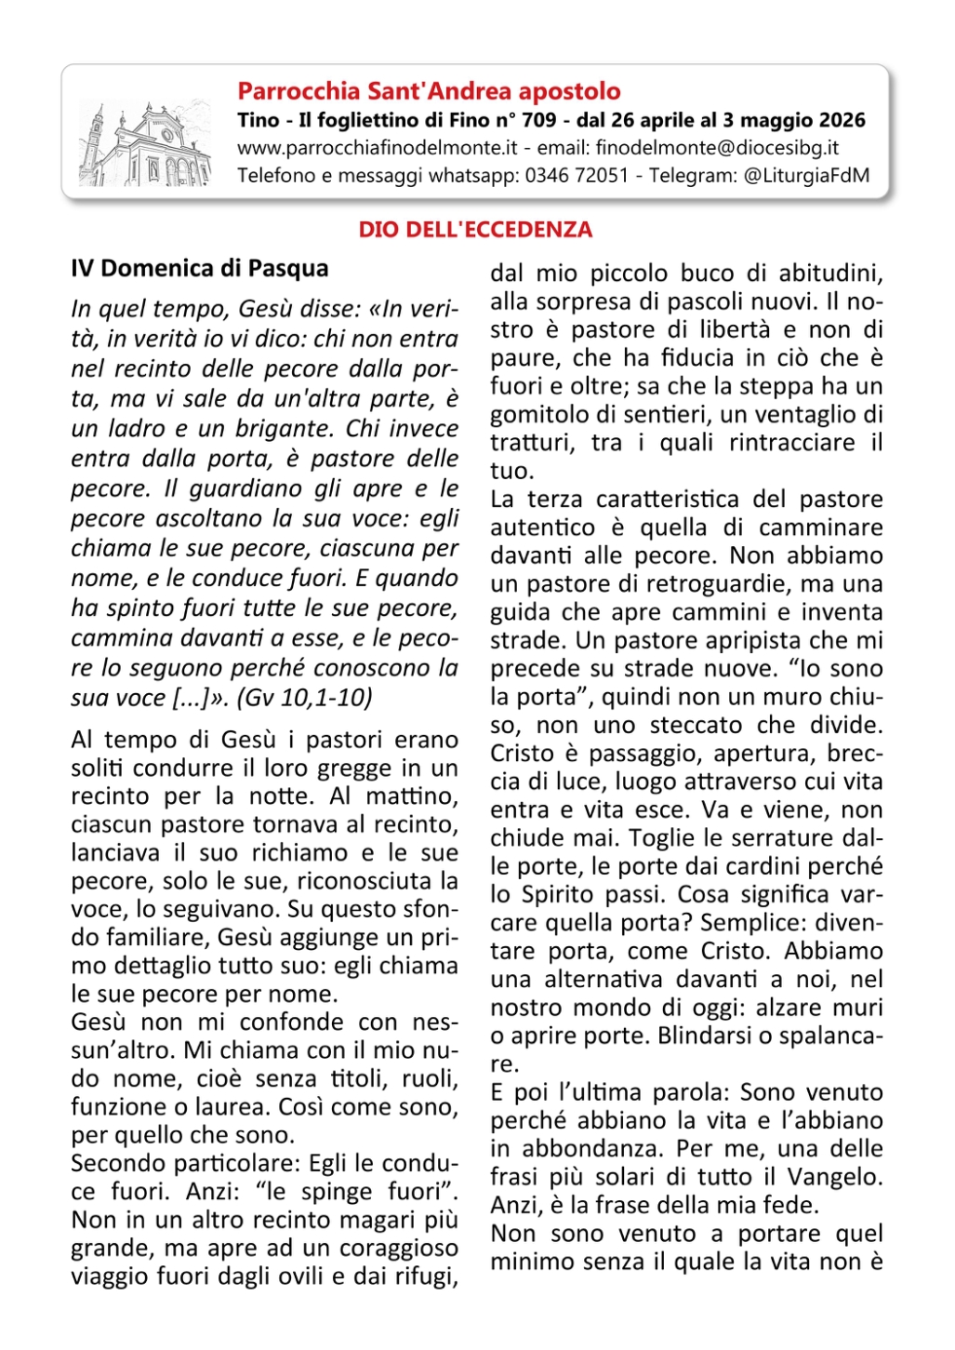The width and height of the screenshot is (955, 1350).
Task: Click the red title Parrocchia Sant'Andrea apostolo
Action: pos(429,91)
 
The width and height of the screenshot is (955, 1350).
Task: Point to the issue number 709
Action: pos(539,120)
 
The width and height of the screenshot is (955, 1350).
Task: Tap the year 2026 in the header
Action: pos(841,120)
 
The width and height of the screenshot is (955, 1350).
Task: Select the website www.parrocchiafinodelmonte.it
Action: pos(377,148)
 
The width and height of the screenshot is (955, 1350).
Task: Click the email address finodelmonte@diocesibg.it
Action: pos(717,148)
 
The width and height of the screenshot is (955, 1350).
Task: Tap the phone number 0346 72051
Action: pos(577,176)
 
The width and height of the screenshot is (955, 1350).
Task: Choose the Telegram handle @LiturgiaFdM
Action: pos(806,176)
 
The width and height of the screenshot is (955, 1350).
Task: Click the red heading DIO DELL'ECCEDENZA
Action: pos(475,230)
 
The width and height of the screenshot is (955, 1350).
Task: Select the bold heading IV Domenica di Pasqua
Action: pos(200,269)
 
